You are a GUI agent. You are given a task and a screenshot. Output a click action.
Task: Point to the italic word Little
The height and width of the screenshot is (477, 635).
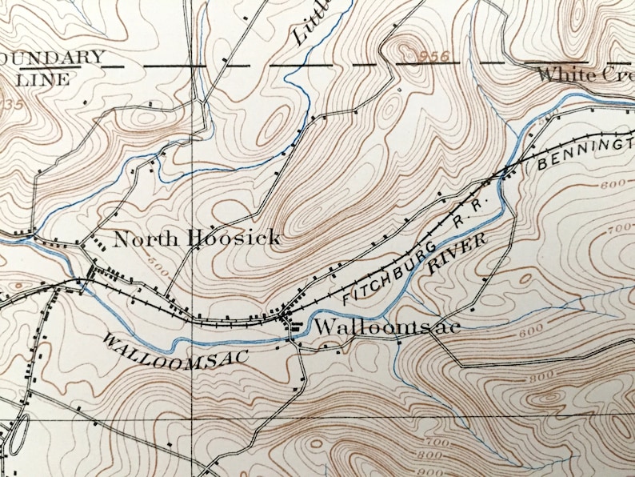point(312,24)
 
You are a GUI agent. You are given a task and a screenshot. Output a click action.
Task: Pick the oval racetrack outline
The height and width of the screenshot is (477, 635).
point(21,432)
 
